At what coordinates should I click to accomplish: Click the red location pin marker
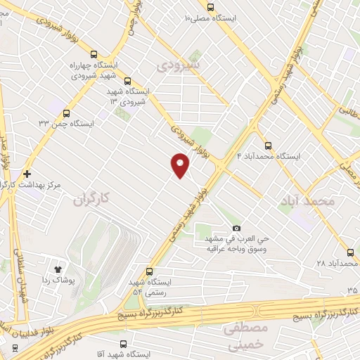tap(180, 165)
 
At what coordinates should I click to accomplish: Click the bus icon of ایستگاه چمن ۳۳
tap(67, 112)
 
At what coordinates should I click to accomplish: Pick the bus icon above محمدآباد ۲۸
tap(350, 252)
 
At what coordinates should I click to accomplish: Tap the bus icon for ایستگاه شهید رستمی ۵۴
tap(149, 271)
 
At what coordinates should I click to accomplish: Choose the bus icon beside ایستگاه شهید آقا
tap(124, 345)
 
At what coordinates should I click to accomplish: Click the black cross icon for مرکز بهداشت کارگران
tap(27, 173)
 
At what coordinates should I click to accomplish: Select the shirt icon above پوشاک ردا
tap(59, 268)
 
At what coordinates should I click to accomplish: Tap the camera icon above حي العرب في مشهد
tap(236, 228)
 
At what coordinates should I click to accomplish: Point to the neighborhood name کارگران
tap(92, 200)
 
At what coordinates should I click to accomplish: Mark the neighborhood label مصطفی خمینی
tap(245, 336)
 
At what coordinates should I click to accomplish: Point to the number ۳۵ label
tap(352, 290)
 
